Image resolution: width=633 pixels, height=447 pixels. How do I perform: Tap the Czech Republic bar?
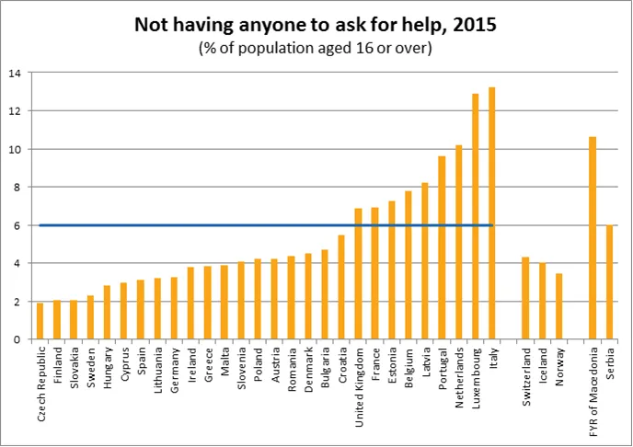coord(40,321)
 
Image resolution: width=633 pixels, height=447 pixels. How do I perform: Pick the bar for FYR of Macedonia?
coord(593,238)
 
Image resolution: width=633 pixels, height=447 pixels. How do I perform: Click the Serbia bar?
coord(609,282)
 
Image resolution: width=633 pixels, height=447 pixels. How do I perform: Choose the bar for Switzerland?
coord(525,298)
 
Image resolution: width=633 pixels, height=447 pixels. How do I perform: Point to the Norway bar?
coord(559,306)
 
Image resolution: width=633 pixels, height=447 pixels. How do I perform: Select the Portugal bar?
coord(442,247)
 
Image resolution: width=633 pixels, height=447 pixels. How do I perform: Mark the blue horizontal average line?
coord(184,225)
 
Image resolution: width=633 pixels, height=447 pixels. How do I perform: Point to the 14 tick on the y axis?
coord(15,73)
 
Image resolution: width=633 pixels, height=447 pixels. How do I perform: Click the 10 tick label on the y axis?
coord(15,149)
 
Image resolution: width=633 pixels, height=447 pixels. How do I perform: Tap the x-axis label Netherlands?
coord(458,383)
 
